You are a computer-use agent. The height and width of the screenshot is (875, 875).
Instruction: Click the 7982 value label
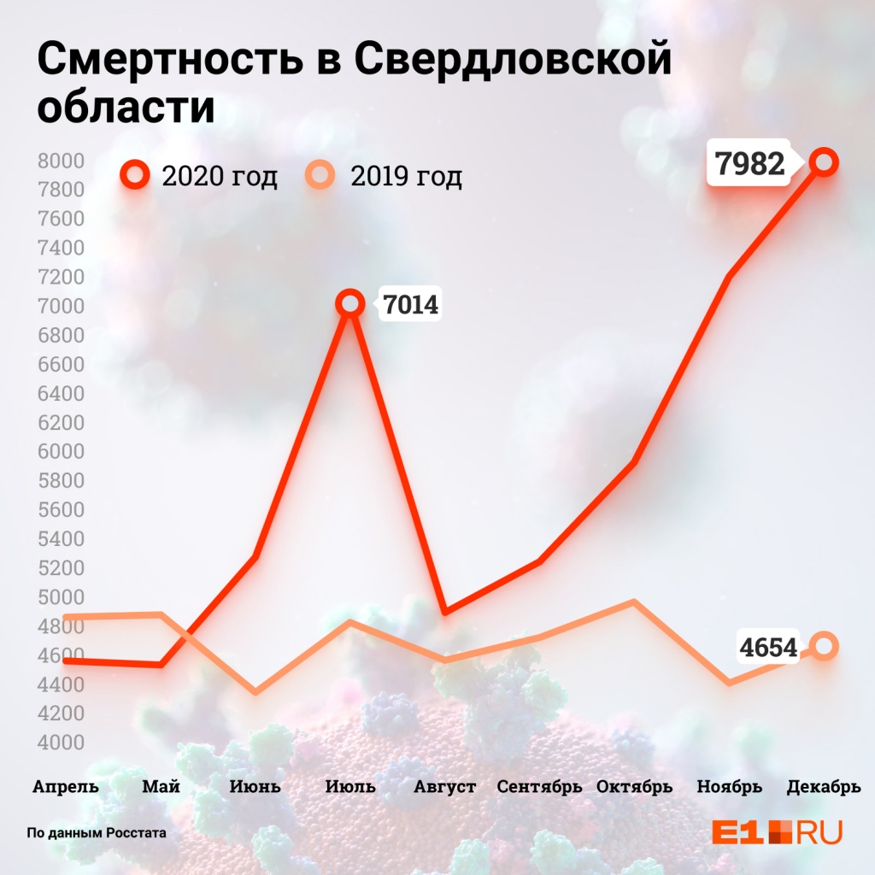[x=750, y=162]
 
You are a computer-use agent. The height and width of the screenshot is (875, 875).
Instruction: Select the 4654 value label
[x=768, y=648]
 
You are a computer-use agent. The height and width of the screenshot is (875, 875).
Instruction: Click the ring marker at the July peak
[x=349, y=303]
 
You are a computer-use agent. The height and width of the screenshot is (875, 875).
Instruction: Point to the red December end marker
[x=824, y=161]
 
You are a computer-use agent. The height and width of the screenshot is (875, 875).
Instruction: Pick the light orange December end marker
[x=824, y=646]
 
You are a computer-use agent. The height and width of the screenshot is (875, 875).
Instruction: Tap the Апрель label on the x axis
[x=66, y=786]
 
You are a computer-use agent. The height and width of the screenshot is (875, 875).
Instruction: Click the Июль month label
[x=350, y=786]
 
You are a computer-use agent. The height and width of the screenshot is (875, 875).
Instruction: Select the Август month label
[x=444, y=786]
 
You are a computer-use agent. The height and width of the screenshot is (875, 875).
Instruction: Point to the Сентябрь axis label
[x=540, y=786]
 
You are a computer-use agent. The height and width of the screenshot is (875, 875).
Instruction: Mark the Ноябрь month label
[x=729, y=786]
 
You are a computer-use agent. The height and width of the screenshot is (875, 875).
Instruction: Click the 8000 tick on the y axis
[x=61, y=161]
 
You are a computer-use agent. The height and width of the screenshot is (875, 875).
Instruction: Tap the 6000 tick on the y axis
[x=61, y=451]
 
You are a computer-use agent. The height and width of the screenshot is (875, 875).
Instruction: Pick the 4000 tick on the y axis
[x=61, y=742]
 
